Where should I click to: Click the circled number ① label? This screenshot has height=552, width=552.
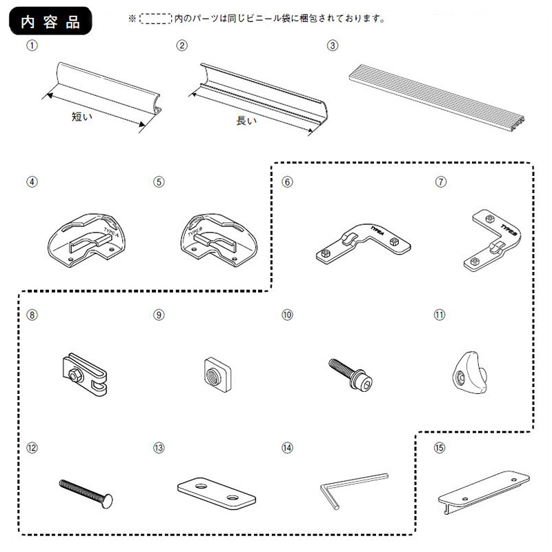[x=30, y=46]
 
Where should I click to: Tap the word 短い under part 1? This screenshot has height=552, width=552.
[x=82, y=117]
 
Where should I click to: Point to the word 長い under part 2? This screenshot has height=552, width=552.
[x=246, y=121]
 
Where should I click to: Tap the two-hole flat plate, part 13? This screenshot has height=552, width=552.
[x=216, y=494]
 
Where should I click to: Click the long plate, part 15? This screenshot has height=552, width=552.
[x=482, y=489]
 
